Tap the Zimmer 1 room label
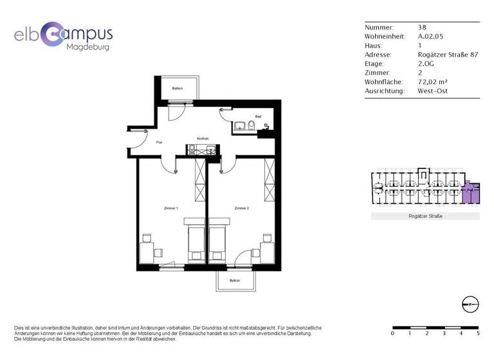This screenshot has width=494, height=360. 171,208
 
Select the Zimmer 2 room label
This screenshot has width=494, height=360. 241,208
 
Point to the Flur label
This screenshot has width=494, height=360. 159,142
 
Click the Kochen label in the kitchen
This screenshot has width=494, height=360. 203,138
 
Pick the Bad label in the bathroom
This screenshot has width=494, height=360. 258,116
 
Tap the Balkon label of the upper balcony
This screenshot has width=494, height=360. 177,88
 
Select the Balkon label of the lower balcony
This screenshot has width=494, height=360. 235,280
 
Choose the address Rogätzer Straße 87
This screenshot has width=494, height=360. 448,55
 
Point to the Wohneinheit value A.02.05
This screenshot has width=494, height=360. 430,37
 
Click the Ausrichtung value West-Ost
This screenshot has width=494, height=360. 433,91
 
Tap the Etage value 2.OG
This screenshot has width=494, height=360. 426,64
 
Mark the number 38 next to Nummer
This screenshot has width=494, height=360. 422,28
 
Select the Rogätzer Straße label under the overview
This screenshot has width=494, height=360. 425,216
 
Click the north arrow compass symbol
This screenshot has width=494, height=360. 470,304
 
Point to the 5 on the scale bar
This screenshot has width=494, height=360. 478,334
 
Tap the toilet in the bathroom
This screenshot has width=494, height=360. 252,125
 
